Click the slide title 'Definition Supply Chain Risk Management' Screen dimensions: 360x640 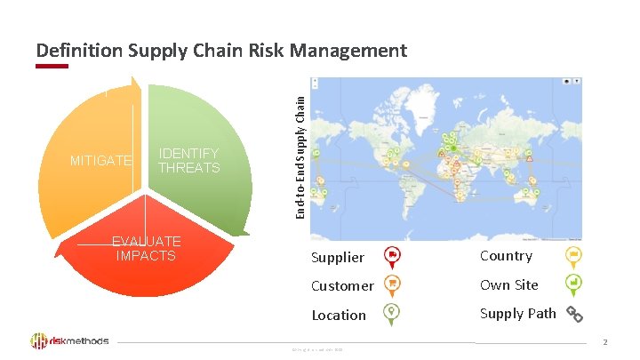pos(221,51)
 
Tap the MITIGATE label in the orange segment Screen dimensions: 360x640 pos(101,161)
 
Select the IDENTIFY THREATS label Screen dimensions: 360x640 pos(188,161)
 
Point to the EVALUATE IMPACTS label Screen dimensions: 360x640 pos(146,248)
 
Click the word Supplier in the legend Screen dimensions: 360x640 pos(338,258)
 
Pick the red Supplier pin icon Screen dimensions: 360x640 pos(393,256)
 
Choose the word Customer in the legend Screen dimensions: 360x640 pos(342,286)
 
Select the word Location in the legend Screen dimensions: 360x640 pos(339,315)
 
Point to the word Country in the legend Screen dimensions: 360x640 pos(506,256)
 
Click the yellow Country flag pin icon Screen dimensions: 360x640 pos(574,256)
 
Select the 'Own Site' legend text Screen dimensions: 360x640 pos(509,284)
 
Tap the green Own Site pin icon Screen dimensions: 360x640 pos(574,284)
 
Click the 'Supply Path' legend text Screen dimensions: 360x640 pos(518,313)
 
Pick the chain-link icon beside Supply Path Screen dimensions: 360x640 pos(574,314)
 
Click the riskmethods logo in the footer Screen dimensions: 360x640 pos(70,340)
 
